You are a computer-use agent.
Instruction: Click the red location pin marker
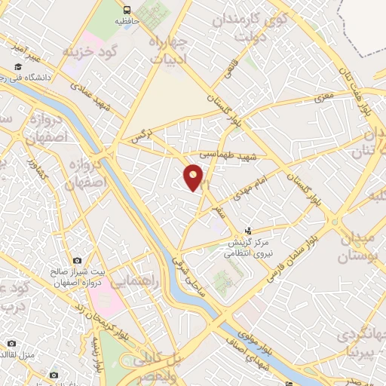pos(195,178)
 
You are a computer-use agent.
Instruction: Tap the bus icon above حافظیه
pos(126,11)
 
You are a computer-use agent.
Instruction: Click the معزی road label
pos(324,96)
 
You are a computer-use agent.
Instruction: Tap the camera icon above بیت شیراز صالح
pos(96,260)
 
